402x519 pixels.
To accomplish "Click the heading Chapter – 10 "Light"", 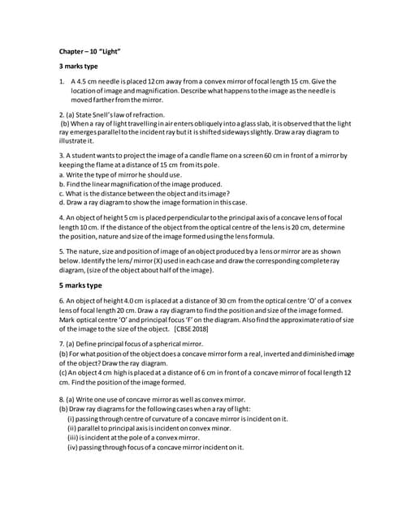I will (90, 51).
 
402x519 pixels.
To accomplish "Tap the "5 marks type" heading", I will (80, 286).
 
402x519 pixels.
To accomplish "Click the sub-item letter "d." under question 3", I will (63, 202).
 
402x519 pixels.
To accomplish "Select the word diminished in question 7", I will (315, 354).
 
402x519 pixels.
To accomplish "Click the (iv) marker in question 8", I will (72, 447).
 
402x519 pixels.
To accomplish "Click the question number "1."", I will (63, 82).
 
